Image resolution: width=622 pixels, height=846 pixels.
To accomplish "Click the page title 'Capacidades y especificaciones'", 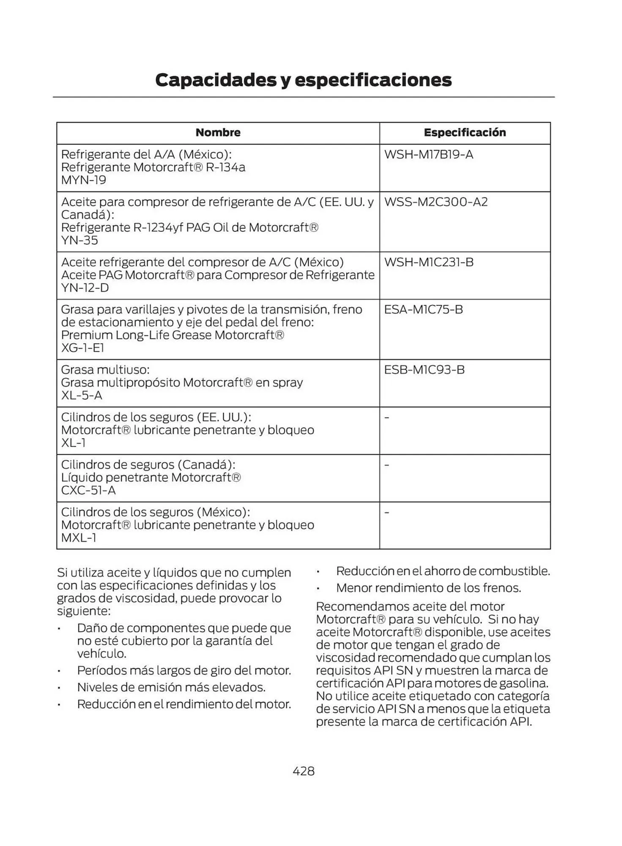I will point(303,80).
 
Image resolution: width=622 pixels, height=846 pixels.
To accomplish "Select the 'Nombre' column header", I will point(218,132).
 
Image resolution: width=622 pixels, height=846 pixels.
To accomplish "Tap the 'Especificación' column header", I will point(465,132).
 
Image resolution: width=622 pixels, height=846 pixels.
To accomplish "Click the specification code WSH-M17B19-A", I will point(428,154).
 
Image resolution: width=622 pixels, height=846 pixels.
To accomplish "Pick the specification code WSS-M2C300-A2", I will point(436,202).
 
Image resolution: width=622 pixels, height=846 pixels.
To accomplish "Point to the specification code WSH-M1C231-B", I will point(428,262).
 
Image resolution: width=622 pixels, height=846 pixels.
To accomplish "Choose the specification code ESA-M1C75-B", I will point(423,309).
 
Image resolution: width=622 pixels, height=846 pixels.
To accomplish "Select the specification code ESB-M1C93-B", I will point(424,370).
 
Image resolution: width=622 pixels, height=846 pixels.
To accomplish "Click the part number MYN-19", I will point(84,180).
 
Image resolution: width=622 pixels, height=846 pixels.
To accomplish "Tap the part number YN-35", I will point(79,240).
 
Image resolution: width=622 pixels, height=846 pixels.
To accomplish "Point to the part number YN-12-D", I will point(85,288).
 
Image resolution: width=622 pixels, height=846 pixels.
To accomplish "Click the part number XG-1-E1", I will point(82,348).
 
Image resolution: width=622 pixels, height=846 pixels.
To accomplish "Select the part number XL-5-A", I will point(82,395).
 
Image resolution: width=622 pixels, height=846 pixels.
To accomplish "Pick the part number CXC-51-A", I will point(88,490).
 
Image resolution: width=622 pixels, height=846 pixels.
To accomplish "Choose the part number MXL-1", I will point(79,538).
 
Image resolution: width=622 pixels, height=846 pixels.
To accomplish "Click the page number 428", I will point(304,771).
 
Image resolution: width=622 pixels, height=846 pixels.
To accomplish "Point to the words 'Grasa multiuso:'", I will point(105,370).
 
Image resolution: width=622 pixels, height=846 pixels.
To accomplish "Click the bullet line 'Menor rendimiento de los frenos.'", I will point(428,588).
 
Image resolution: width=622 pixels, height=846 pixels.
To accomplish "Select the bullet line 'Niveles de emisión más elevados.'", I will point(171,687).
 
